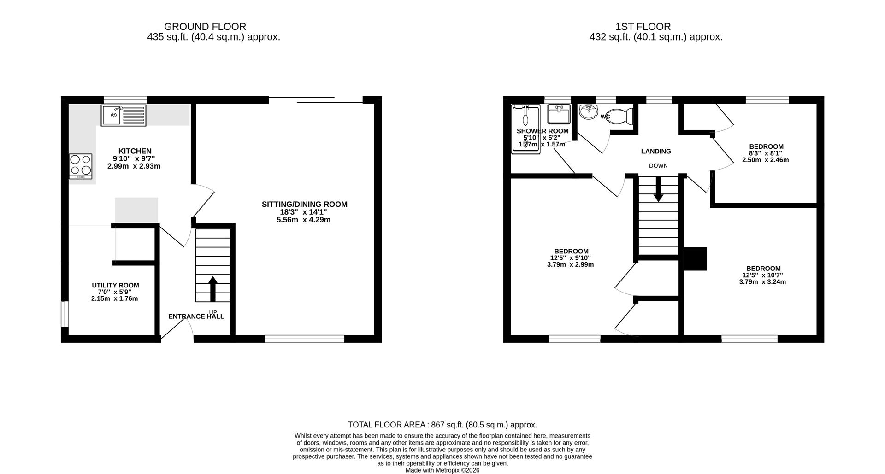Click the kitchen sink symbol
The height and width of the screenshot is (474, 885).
(x=123, y=115)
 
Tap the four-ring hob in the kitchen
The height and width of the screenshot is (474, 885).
(x=81, y=166)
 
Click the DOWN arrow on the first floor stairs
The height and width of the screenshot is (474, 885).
(x=658, y=189)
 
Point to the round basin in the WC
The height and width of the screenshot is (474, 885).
(x=588, y=111)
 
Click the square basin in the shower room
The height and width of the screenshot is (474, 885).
(x=559, y=113)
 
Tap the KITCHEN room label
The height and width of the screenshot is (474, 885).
(x=135, y=151)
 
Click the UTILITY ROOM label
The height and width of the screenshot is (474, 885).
(x=115, y=285)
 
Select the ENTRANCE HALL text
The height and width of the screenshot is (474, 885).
(x=196, y=316)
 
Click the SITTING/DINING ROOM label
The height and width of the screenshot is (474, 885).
(x=304, y=204)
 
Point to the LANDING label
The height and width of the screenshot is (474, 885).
(x=656, y=151)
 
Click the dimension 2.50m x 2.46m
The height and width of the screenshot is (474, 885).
(x=765, y=160)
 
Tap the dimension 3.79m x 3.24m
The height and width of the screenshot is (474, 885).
(x=762, y=282)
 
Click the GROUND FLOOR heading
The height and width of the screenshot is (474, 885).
(x=205, y=27)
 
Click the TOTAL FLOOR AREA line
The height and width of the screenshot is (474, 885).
(x=442, y=425)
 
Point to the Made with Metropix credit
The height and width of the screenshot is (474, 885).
(x=442, y=470)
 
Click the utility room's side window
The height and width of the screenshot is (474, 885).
(x=65, y=314)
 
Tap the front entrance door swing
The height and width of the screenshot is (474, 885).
(x=177, y=328)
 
